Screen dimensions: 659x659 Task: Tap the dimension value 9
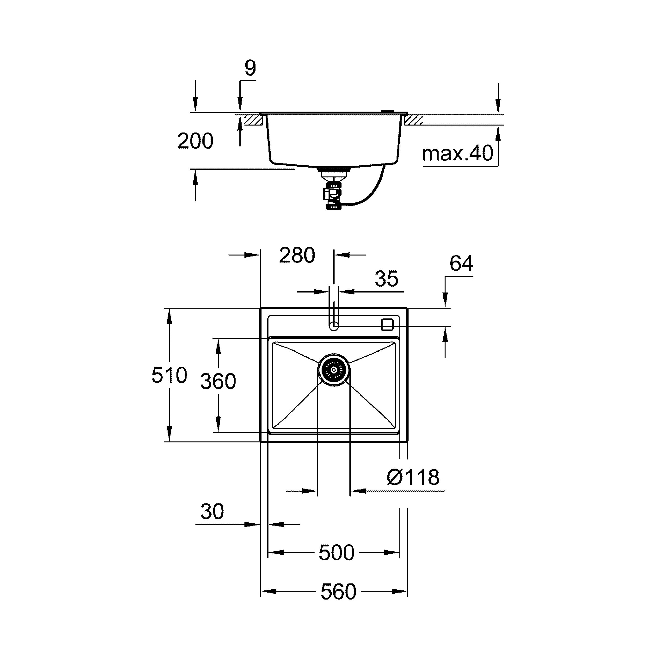click(250, 68)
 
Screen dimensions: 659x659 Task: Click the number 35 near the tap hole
click(386, 279)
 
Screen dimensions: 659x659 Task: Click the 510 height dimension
click(169, 375)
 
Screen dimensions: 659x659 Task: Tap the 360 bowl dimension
click(218, 381)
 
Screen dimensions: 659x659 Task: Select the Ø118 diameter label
click(413, 477)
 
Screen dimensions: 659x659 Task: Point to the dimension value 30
click(212, 511)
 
